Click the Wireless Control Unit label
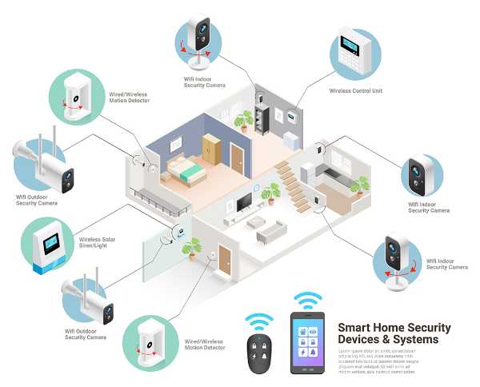(356, 91)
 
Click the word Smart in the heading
(354, 328)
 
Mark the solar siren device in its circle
(46, 245)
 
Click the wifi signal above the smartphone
(308, 301)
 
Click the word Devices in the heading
(362, 340)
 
